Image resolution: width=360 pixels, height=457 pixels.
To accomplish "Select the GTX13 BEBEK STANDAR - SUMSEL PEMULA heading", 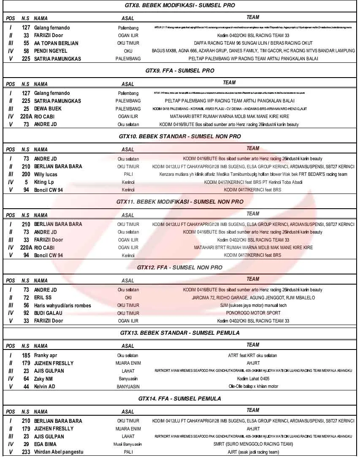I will click(180, 333).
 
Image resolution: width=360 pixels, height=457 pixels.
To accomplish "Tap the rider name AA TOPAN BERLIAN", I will click(56, 43).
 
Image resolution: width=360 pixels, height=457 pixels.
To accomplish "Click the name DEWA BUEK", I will click(48, 109).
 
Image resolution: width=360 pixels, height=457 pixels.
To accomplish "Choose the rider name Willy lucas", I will click(46, 175).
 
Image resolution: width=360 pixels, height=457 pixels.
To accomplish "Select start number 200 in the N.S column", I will click(26, 175).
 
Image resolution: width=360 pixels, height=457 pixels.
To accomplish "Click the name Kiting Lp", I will click(44, 182).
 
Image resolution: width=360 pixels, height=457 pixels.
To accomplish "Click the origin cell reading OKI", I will click(128, 298).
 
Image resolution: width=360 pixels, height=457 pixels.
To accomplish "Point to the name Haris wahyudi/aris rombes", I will click(62, 306).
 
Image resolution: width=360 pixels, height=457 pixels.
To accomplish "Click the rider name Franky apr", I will click(46, 355).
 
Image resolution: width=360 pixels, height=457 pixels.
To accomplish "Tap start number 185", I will click(26, 355).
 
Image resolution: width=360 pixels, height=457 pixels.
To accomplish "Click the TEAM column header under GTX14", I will click(253, 410).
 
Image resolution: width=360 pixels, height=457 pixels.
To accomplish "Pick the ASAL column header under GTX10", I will click(128, 150).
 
